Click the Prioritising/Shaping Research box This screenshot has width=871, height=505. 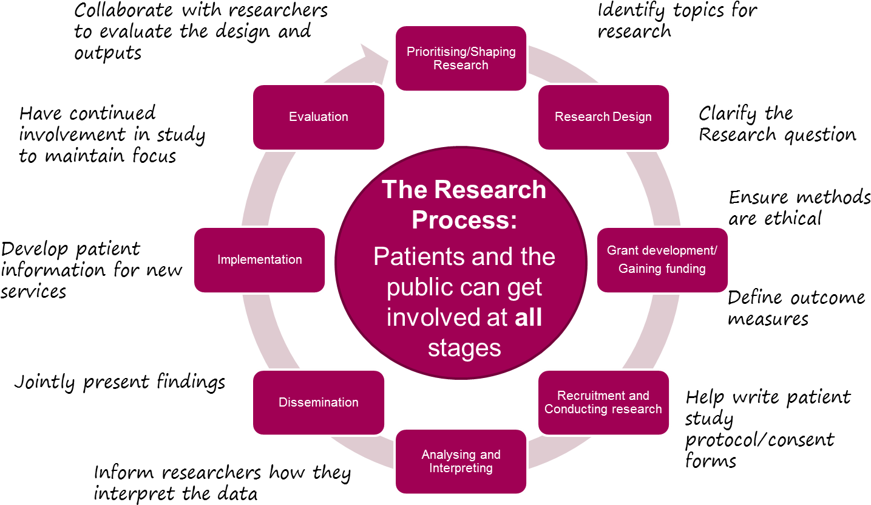(x=461, y=58)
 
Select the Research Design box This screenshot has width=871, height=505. (x=603, y=117)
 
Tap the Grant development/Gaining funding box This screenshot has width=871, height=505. (x=662, y=259)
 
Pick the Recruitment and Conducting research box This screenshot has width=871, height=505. (x=603, y=402)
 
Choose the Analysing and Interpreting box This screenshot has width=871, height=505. (x=461, y=461)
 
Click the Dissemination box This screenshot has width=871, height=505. (x=319, y=402)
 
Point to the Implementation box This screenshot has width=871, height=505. (x=260, y=259)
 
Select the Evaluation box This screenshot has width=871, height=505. (x=319, y=117)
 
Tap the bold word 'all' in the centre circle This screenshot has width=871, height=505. (x=528, y=317)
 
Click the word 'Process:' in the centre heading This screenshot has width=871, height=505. (x=464, y=220)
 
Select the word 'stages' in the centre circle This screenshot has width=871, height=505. (x=464, y=348)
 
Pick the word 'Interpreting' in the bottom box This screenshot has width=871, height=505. (x=461, y=468)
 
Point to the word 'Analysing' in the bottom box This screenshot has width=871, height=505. (x=448, y=455)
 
